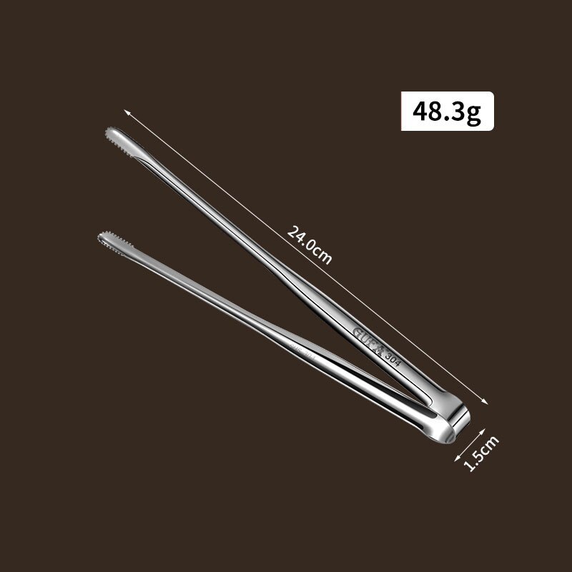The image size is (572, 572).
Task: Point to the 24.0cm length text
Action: click(x=310, y=245)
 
